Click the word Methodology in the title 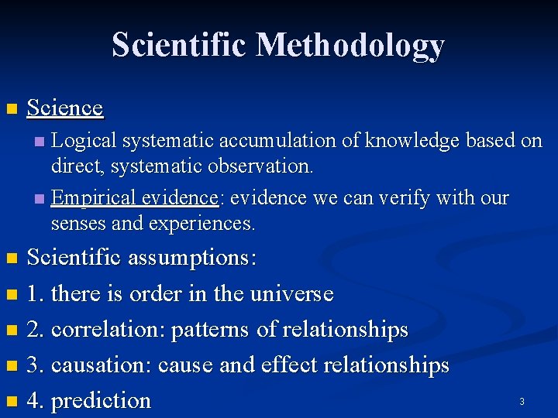pyautogui.click(x=350, y=45)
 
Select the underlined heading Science pyautogui.click(x=65, y=108)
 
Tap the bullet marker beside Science pyautogui.click(x=10, y=108)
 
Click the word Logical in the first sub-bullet pyautogui.click(x=84, y=141)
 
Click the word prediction pyautogui.click(x=100, y=401)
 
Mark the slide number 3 pyautogui.click(x=522, y=401)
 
